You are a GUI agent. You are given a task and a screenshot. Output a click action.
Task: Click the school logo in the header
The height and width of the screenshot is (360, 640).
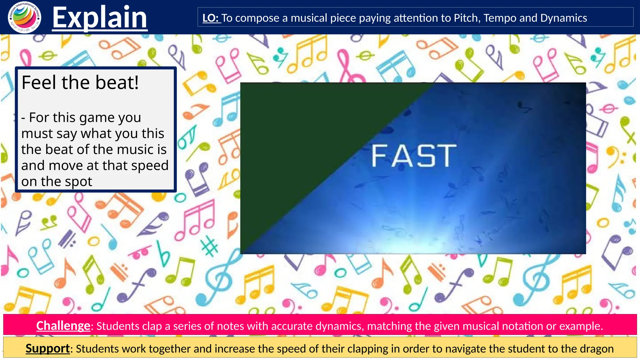tap(24, 17)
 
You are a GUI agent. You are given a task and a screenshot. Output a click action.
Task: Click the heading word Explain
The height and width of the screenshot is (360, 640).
tap(100, 18)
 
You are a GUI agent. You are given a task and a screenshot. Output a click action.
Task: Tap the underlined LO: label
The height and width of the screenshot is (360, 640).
tap(211, 18)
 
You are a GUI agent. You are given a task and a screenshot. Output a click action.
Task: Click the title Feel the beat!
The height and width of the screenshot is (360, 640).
tap(80, 82)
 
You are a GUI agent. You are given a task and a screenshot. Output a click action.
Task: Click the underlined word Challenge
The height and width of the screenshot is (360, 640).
tap(63, 326)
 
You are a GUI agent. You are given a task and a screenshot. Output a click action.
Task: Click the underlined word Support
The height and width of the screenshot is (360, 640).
tap(47, 348)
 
